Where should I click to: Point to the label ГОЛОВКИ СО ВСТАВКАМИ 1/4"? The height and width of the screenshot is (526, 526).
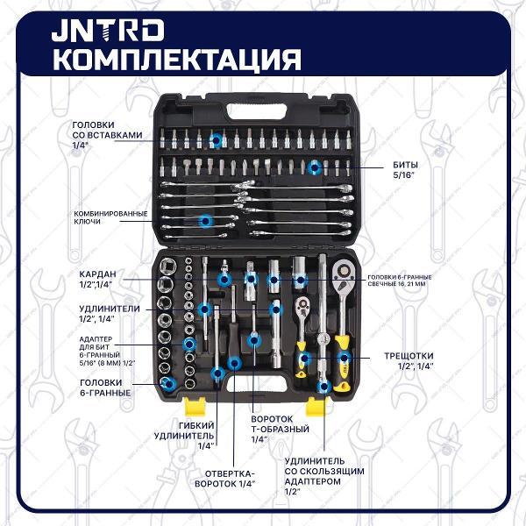click(104, 137)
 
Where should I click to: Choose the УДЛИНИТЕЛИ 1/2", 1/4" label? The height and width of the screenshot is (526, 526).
click(103, 313)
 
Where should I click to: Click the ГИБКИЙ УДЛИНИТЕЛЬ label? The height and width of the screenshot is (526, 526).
click(183, 433)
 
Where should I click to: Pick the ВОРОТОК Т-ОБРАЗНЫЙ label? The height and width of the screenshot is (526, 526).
click(280, 429)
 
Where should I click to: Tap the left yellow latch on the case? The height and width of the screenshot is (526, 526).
click(195, 405)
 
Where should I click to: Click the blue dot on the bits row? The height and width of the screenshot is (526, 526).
click(314, 166)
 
